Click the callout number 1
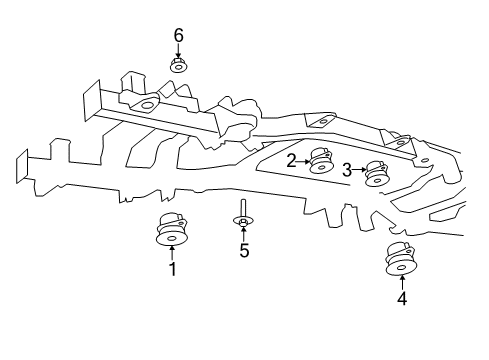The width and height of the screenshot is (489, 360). pyautogui.click(x=172, y=269)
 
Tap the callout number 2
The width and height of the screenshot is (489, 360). pyautogui.click(x=291, y=160)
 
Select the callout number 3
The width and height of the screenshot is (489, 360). pyautogui.click(x=347, y=171)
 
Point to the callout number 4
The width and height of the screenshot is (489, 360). pyautogui.click(x=401, y=298)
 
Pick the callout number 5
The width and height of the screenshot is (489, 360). pyautogui.click(x=243, y=250)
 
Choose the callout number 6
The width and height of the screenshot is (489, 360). pyautogui.click(x=179, y=36)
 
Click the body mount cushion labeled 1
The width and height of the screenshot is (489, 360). pyautogui.click(x=172, y=230)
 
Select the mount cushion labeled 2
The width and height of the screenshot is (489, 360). pyautogui.click(x=321, y=161)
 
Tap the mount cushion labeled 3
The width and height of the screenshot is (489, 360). pyautogui.click(x=376, y=174)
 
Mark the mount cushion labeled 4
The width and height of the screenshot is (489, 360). pyautogui.click(x=401, y=260)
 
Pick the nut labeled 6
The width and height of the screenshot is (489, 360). pyautogui.click(x=179, y=67)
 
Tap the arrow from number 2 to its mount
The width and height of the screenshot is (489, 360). pyautogui.click(x=303, y=160)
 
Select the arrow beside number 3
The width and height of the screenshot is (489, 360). pyautogui.click(x=359, y=171)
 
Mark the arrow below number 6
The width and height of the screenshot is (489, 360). pyautogui.click(x=179, y=51)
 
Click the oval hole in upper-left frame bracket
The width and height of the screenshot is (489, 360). pyautogui.click(x=147, y=106)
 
